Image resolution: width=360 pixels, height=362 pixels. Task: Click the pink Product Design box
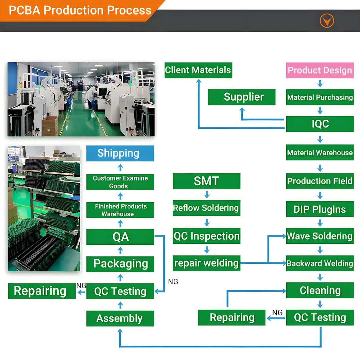[x=320, y=70]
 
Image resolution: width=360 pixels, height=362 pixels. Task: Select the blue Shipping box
[x=120, y=153]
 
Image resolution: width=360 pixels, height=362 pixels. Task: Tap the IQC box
[x=320, y=124]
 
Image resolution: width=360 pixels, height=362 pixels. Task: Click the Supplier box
[x=241, y=97]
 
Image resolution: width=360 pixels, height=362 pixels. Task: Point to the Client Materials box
[x=198, y=70]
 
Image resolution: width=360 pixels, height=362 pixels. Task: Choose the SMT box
[x=206, y=181]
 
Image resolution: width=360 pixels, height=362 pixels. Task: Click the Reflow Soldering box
[x=206, y=208]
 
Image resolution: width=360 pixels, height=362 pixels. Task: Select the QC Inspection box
[x=206, y=236]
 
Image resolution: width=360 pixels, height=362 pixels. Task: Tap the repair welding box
[x=206, y=263]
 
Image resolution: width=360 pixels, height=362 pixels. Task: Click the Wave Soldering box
[x=320, y=236]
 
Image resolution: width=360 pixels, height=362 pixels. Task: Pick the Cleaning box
[x=320, y=291]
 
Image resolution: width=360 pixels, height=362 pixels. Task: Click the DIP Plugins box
[x=320, y=209]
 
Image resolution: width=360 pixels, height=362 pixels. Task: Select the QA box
[x=120, y=237]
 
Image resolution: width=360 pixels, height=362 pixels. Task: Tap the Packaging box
[x=120, y=264]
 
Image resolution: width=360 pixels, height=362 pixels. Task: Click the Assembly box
[x=120, y=318]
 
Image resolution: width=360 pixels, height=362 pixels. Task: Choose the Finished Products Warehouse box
[x=120, y=210]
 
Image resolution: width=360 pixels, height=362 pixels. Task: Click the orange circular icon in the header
[x=327, y=21]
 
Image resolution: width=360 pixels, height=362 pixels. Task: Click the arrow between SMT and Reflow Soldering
[x=207, y=195]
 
